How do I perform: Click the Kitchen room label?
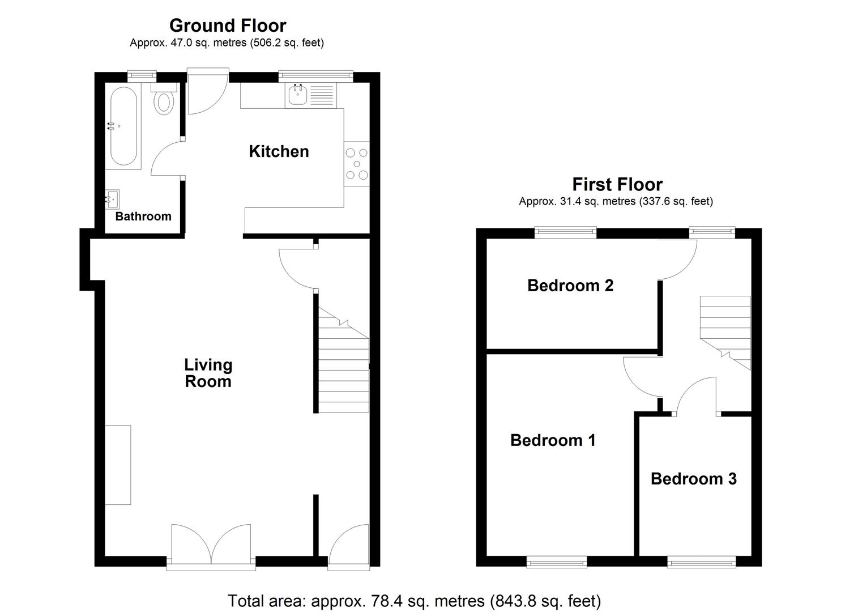(x=279, y=151)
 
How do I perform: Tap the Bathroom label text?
(x=143, y=216)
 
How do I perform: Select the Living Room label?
(x=208, y=373)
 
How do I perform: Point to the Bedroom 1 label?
(x=553, y=440)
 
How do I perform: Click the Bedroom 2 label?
(x=570, y=285)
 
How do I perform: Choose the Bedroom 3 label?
(x=693, y=479)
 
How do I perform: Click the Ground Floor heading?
(x=228, y=25)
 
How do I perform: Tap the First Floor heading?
(x=617, y=184)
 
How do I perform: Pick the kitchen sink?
(x=298, y=95)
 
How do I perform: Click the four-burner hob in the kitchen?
(x=357, y=164)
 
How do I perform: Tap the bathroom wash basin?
(x=113, y=199)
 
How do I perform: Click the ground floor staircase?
(x=343, y=363)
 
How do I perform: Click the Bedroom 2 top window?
(x=566, y=232)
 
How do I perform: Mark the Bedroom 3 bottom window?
(x=701, y=562)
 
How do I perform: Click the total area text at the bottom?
(x=414, y=601)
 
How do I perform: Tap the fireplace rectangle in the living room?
(x=118, y=465)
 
